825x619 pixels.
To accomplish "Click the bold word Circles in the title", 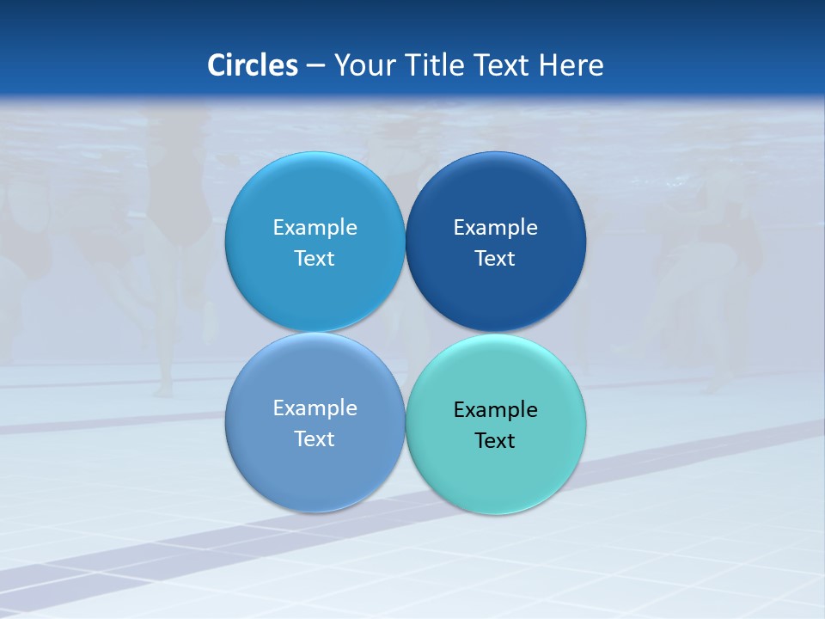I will (x=253, y=65).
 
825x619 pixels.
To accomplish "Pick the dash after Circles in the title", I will (x=315, y=66).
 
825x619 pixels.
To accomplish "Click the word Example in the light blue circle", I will (x=315, y=227).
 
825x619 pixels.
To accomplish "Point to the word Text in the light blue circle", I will (x=315, y=258).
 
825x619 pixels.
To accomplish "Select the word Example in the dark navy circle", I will (x=495, y=227).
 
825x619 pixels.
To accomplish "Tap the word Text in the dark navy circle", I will (x=495, y=258).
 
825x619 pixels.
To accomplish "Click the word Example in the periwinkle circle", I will (x=315, y=408).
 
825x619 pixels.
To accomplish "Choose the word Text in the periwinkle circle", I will (x=315, y=438).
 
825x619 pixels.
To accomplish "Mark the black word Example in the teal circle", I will (x=495, y=409).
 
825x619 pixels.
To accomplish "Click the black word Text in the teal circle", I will (x=495, y=440).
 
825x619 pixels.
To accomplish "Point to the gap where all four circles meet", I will (x=405, y=333).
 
